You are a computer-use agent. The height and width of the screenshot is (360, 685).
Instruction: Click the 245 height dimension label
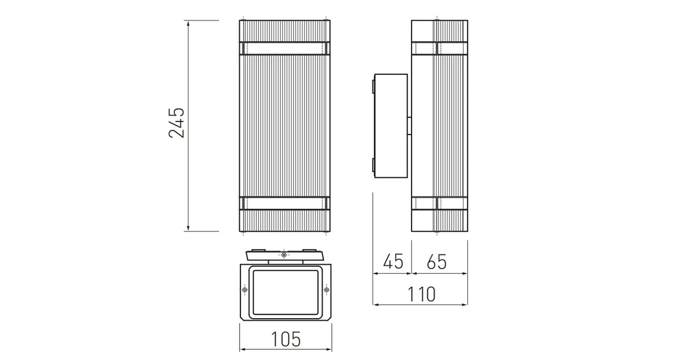point(177,123)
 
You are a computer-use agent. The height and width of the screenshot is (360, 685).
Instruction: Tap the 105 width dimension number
point(286,339)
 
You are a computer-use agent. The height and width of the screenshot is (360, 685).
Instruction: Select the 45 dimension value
point(393,261)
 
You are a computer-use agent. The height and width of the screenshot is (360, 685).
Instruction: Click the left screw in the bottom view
point(244,290)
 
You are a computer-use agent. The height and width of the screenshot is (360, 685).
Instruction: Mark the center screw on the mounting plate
point(285,255)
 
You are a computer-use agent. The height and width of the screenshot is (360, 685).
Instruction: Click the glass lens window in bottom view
point(285,293)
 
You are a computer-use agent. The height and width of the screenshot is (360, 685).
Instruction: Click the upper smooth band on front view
point(285,47)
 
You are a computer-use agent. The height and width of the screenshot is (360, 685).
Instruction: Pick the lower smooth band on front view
point(285,204)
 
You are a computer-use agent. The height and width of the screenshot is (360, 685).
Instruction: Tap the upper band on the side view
point(440,48)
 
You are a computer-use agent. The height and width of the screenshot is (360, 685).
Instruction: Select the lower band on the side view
point(440,204)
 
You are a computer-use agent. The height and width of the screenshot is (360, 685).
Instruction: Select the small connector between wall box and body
point(409,126)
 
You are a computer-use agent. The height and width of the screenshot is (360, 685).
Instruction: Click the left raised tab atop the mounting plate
point(257,250)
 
